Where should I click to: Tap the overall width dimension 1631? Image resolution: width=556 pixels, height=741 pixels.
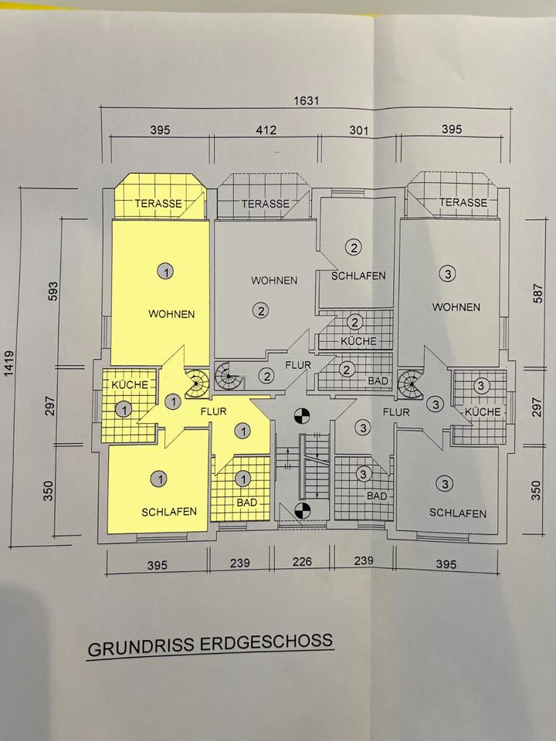(x=305, y=100)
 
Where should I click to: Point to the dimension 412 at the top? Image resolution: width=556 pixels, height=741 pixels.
(x=266, y=130)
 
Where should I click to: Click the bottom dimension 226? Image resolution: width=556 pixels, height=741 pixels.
(x=303, y=562)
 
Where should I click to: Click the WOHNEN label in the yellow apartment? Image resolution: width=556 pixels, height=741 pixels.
(x=171, y=314)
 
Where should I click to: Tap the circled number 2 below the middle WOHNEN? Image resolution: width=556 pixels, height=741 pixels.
(x=261, y=311)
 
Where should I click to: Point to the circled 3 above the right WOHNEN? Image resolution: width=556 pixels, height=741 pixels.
(x=446, y=272)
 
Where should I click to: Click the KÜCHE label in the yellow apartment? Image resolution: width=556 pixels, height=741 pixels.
(x=124, y=384)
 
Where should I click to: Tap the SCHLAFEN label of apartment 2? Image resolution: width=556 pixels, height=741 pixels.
(x=358, y=276)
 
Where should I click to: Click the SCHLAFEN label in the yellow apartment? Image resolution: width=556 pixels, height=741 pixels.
(x=169, y=512)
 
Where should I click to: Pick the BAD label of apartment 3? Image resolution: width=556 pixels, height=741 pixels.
(x=376, y=496)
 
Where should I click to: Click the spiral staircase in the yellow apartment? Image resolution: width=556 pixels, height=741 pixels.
(x=198, y=381)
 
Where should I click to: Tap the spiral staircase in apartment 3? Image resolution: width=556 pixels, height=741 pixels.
(x=409, y=383)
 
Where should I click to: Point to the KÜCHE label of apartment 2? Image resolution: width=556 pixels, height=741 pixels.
(x=357, y=340)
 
